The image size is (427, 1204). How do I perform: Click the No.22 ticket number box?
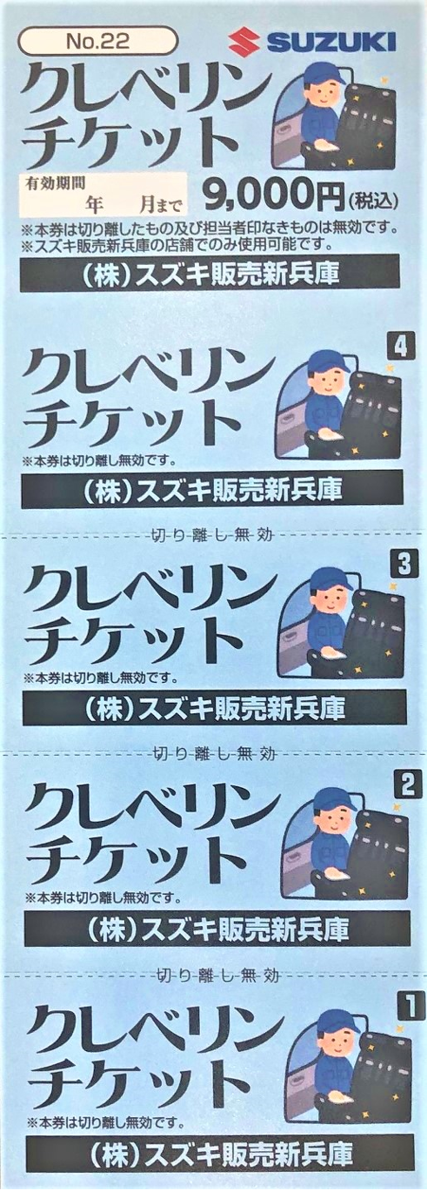[98, 42]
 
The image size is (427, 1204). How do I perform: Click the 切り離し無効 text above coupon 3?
[210, 535]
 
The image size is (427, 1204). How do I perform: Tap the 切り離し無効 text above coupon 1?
[217, 974]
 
